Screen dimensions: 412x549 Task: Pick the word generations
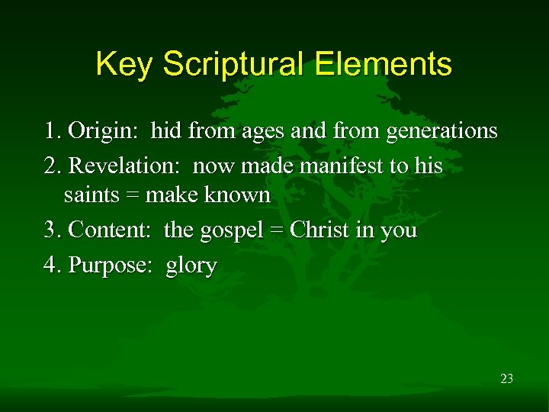(441, 132)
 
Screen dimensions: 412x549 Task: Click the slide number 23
(506, 378)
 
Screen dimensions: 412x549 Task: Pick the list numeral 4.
(51, 266)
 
